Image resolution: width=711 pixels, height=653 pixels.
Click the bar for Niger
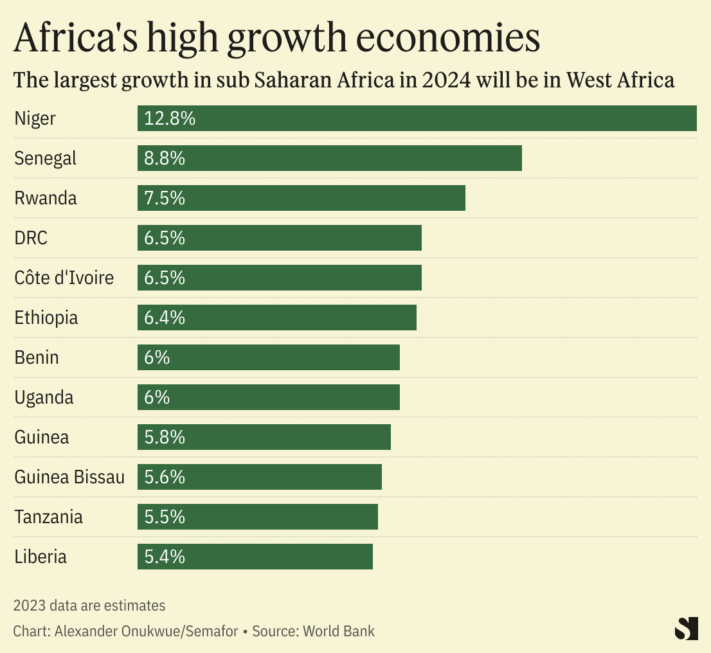417,118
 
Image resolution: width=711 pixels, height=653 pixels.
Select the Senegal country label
45,158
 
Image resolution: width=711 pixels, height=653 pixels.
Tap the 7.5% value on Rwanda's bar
165,198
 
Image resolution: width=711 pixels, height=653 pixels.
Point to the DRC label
31,238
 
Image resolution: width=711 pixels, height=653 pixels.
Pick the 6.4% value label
165,318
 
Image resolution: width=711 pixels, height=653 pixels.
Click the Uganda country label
44,397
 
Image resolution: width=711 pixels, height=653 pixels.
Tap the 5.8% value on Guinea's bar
165,437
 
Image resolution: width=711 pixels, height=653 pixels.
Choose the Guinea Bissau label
69,477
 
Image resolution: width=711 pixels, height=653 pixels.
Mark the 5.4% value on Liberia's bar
165,557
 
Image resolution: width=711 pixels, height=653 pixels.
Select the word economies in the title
447,39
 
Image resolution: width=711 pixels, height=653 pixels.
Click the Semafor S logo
686,628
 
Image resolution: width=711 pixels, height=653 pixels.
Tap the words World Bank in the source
339,631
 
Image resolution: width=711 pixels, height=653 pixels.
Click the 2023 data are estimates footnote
89,605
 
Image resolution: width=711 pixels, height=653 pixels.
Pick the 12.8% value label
170,118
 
